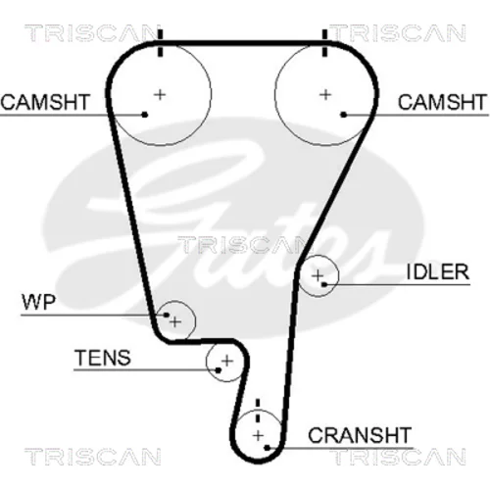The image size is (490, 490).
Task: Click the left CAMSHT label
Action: pyautogui.click(x=45, y=102)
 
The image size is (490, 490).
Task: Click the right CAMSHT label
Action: pyautogui.click(x=443, y=102)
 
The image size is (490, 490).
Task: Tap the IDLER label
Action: pyautogui.click(x=438, y=271)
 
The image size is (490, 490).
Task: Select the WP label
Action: pyautogui.click(x=39, y=302)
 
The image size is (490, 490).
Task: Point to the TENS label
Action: pyautogui.click(x=103, y=358)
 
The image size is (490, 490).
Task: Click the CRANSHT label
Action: pyautogui.click(x=360, y=435)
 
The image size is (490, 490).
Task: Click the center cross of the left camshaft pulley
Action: pyautogui.click(x=160, y=95)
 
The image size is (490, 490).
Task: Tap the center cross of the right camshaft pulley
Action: pyautogui.click(x=325, y=95)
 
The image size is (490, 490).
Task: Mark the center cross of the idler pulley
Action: pyautogui.click(x=318, y=275)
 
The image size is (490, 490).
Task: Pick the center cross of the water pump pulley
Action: pyautogui.click(x=175, y=322)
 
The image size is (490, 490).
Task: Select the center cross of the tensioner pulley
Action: pyautogui.click(x=227, y=361)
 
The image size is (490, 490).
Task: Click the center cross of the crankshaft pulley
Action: pyautogui.click(x=258, y=435)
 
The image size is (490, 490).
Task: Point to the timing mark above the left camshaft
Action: pyautogui.click(x=160, y=43)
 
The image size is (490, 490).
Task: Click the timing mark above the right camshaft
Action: pyautogui.click(x=324, y=43)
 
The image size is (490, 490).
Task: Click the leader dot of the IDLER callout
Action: pyautogui.click(x=323, y=285)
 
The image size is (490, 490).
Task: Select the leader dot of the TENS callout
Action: pyautogui.click(x=218, y=370)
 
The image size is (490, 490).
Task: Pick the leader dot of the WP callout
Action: pyautogui.click(x=167, y=315)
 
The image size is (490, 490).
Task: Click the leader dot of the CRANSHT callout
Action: pyautogui.click(x=268, y=448)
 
